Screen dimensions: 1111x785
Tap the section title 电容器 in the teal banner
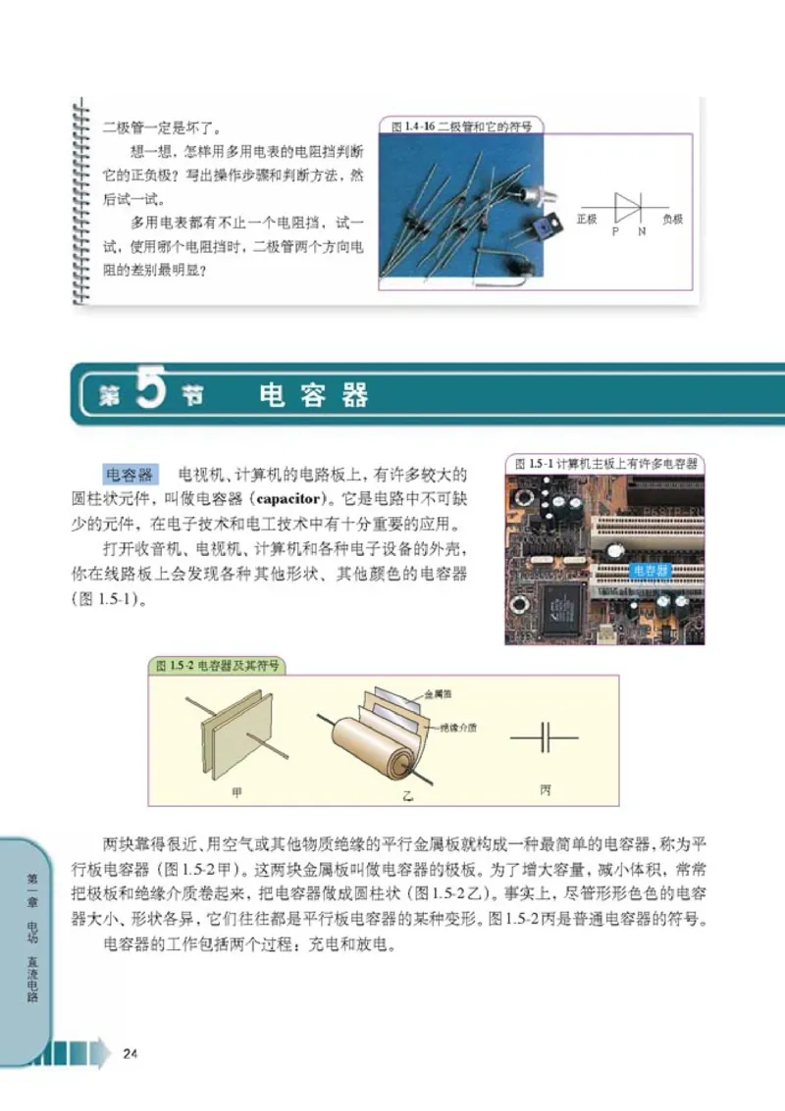(x=314, y=395)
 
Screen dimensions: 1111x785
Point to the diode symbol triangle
(x=626, y=207)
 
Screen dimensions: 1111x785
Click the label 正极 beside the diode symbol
(x=587, y=220)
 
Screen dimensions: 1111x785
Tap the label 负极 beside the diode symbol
(x=672, y=220)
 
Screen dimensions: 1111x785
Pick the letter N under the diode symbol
(x=642, y=231)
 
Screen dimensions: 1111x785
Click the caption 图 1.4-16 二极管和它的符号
(x=461, y=126)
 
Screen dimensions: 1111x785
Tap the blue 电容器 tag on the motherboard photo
(x=650, y=570)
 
